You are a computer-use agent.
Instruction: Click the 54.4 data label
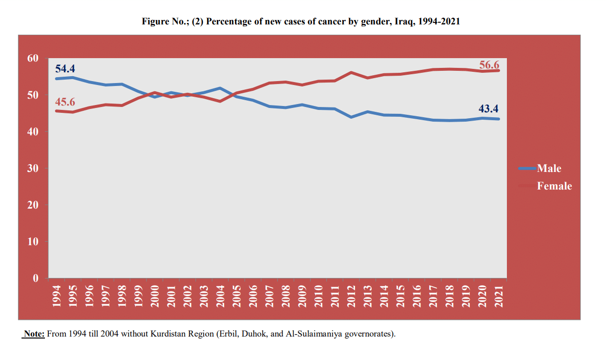coord(65,68)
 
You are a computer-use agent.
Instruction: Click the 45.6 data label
coord(65,102)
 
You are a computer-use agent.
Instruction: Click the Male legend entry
coord(549,169)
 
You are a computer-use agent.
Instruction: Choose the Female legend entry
coord(554,186)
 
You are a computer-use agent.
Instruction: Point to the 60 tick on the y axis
coord(33,58)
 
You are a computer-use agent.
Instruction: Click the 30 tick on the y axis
coord(33,169)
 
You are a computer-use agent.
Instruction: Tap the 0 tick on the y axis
coord(35,278)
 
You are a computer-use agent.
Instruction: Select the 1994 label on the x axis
coord(56,296)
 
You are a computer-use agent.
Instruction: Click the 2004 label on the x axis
coord(220,296)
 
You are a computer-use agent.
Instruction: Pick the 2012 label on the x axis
coord(351,296)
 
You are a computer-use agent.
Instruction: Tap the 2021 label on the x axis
coord(499,296)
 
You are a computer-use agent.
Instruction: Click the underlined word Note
coord(34,334)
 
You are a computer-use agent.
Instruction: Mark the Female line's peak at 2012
coord(351,72)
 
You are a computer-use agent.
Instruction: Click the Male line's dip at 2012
coord(351,117)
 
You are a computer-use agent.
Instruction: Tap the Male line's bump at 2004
coord(220,88)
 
